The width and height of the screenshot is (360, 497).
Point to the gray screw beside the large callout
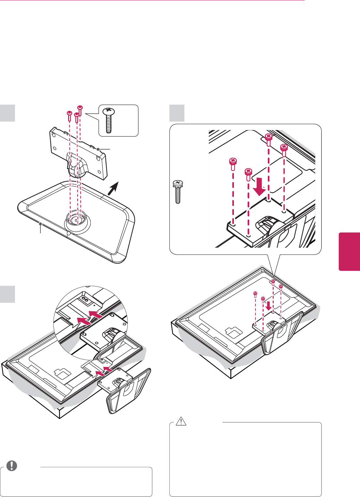tap(178, 192)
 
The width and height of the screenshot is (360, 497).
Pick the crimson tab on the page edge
tap(349, 251)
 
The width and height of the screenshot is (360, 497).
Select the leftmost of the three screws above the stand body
tap(69, 113)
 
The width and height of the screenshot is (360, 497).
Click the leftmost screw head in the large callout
tap(233, 161)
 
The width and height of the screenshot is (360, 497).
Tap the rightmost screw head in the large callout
tap(284, 147)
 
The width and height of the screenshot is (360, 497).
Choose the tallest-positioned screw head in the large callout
tap(268, 136)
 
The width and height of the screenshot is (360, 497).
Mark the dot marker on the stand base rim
tap(40, 224)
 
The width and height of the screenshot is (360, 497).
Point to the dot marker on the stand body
tap(98, 149)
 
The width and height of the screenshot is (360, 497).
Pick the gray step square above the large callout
tap(177, 113)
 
